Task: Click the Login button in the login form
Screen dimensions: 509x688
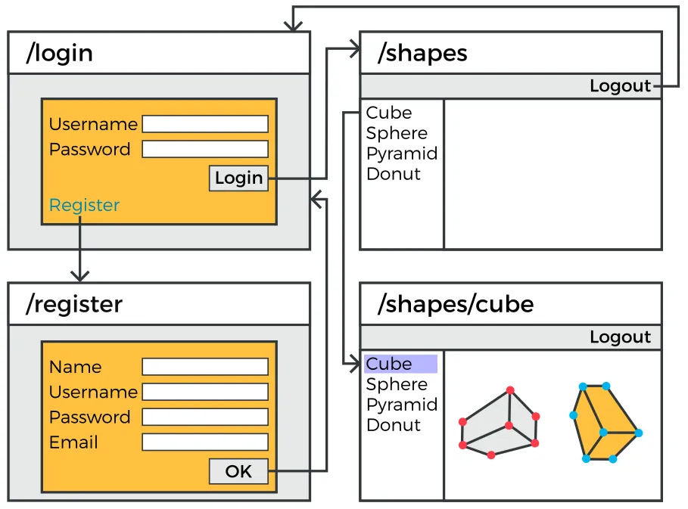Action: coord(238,178)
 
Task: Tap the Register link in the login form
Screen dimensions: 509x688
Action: coord(84,205)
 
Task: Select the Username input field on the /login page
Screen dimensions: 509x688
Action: coord(205,124)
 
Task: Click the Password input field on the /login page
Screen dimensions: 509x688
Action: coord(205,149)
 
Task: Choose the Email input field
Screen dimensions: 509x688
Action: coord(205,442)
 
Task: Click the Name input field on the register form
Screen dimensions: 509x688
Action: coord(205,367)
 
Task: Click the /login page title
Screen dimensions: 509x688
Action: coord(60,53)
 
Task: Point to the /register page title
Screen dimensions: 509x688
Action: coord(74,304)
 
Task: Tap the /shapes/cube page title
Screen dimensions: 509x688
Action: coord(456,304)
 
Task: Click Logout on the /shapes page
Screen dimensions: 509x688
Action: coord(620,86)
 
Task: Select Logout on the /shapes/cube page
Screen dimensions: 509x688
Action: coord(620,337)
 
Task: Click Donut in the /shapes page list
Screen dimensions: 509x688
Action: coord(393,174)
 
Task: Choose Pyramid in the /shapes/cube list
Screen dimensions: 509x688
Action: coord(402,405)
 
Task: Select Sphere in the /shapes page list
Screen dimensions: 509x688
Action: coord(397,133)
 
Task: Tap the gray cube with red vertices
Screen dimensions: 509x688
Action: coord(500,424)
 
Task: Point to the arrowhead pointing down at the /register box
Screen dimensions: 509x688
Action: coord(79,275)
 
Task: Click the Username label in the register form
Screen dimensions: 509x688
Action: coord(93,392)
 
